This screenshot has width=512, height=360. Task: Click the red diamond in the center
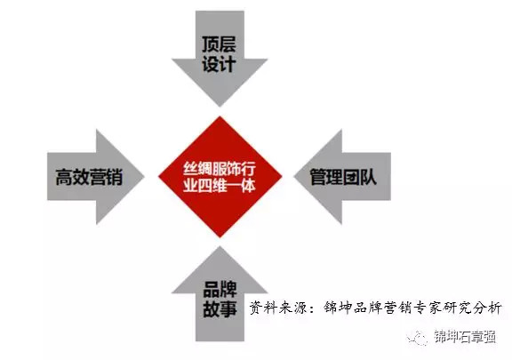[220, 176]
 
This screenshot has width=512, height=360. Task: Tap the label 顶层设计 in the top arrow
[219, 54]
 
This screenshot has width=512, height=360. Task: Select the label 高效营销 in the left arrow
[89, 177]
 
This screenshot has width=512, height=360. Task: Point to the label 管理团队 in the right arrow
[343, 177]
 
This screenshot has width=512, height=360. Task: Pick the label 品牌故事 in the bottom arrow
[220, 300]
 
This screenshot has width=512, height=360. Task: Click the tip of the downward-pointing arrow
[220, 106]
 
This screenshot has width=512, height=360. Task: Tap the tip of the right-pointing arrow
[144, 177]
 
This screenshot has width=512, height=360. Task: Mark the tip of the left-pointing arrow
[294, 177]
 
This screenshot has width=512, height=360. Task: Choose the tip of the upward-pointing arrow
[220, 246]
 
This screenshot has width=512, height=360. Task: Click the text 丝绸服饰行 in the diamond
[220, 170]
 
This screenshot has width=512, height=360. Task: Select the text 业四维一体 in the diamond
[220, 186]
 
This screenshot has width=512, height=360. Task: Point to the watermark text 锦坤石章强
[465, 337]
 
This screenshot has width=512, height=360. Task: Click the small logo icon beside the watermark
[417, 337]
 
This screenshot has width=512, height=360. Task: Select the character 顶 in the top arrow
[211, 44]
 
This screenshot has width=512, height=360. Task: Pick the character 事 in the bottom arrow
[228, 308]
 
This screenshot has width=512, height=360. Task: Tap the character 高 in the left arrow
[64, 177]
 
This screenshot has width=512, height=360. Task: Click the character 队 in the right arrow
[369, 177]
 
